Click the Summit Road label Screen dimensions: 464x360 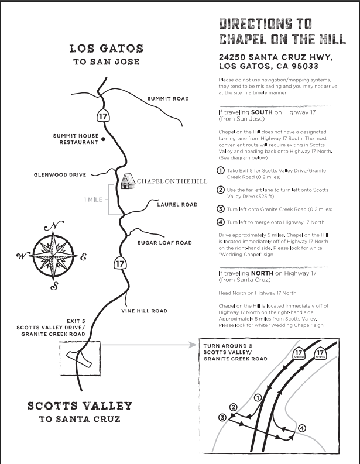click(167, 99)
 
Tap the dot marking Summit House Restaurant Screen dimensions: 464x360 click(103, 139)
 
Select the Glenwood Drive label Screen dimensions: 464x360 click(60, 175)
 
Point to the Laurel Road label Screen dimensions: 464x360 click(177, 205)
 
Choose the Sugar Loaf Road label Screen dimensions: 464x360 click(164, 243)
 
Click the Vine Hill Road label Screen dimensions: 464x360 click(144, 311)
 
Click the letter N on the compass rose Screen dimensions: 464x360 click(54, 226)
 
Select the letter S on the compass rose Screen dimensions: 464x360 click(55, 286)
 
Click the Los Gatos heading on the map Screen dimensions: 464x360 click(106, 49)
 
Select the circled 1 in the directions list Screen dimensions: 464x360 click(221, 171)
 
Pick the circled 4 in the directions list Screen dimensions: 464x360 click(221, 222)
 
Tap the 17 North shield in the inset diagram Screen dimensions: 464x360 click(320, 354)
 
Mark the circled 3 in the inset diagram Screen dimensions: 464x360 click(222, 417)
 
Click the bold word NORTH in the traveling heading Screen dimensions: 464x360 click(264, 273)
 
